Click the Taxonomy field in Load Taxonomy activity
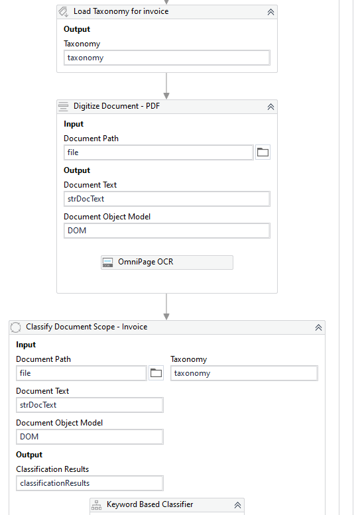pos(167,58)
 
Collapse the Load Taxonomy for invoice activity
pos(270,12)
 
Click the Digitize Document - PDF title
pos(117,106)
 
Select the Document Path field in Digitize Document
pos(158,152)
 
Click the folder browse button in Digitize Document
pos(263,152)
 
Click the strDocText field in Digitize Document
pos(167,199)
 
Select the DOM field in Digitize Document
pos(167,231)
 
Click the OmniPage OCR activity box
pos(167,262)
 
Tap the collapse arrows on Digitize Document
pos(270,107)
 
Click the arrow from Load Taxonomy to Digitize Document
pos(166,86)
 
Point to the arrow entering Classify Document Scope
pos(166,307)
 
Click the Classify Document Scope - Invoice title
pos(87,327)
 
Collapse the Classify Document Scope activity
pos(318,328)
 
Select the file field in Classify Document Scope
pos(82,373)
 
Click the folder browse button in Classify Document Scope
pos(156,373)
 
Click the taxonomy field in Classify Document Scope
pos(244,373)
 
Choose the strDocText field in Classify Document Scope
pos(90,405)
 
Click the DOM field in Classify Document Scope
pos(90,437)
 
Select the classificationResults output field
pos(90,483)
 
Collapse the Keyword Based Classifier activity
pos(237,505)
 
